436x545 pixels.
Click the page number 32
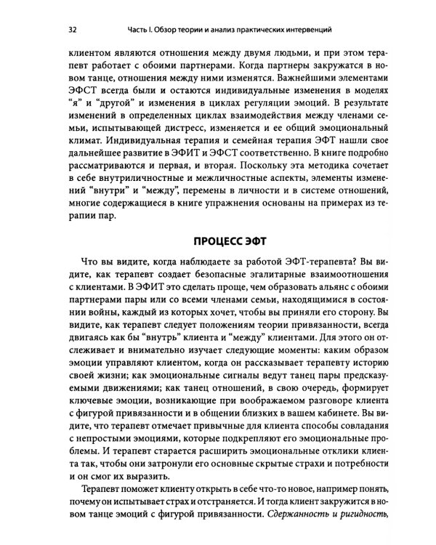click(72, 30)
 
